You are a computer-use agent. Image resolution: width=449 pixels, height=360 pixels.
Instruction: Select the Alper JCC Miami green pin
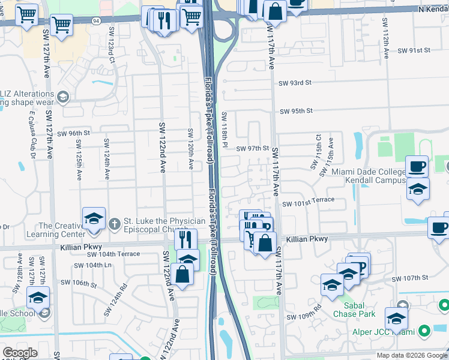(x=424, y=331)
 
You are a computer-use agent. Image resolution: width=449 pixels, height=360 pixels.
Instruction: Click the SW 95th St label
(x=297, y=110)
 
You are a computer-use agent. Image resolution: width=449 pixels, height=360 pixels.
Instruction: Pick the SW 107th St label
(x=410, y=278)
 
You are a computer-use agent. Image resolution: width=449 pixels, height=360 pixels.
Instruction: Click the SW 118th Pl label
(x=224, y=130)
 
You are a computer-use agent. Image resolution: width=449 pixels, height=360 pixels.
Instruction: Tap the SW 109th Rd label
(x=304, y=316)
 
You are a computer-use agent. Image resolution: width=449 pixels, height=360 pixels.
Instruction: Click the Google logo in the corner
(x=20, y=352)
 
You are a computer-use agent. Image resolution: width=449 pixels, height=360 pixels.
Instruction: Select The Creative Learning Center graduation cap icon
(x=94, y=218)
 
